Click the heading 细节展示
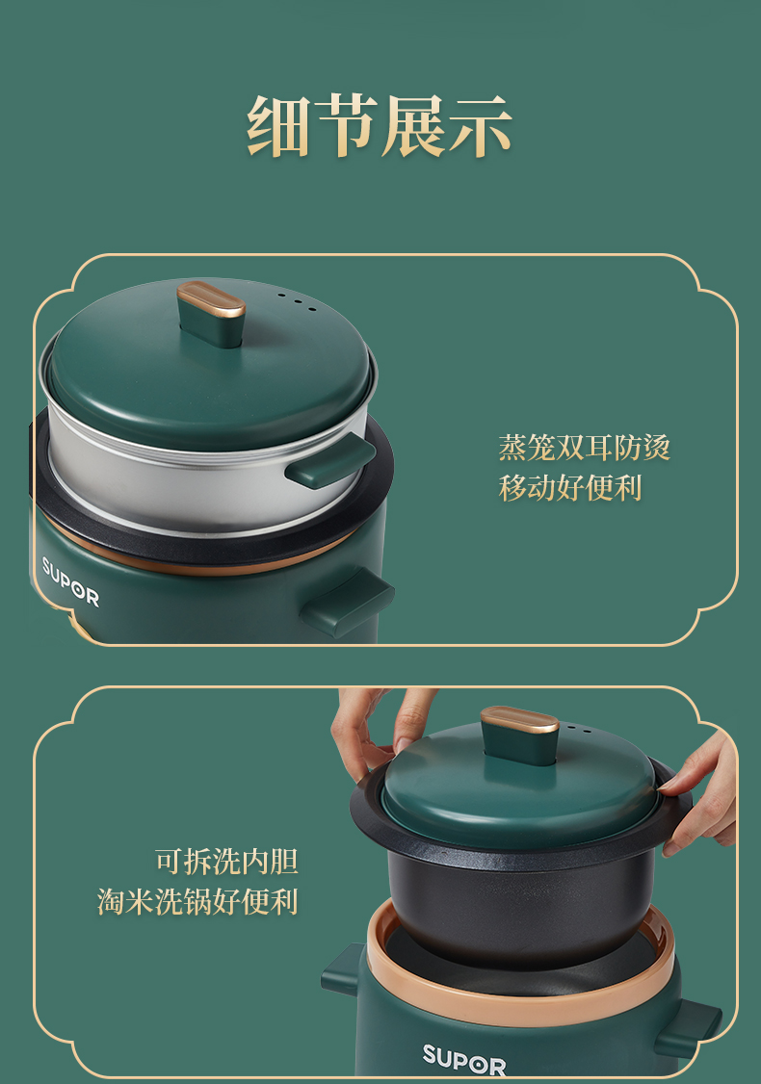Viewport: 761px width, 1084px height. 380,126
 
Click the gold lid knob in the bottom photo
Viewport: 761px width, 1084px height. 519,720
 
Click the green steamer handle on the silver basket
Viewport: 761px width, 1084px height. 330,461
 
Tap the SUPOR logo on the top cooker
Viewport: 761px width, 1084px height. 70,581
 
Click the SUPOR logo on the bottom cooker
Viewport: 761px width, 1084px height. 464,1059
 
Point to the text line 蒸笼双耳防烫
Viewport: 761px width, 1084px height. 585,448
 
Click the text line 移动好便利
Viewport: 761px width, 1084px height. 570,487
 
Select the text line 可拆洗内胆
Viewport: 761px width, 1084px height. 226,862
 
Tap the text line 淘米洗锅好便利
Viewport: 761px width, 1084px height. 197,901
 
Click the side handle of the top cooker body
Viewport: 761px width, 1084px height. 348,602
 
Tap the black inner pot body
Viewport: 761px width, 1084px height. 520,906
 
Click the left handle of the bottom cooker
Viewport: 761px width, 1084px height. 344,970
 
